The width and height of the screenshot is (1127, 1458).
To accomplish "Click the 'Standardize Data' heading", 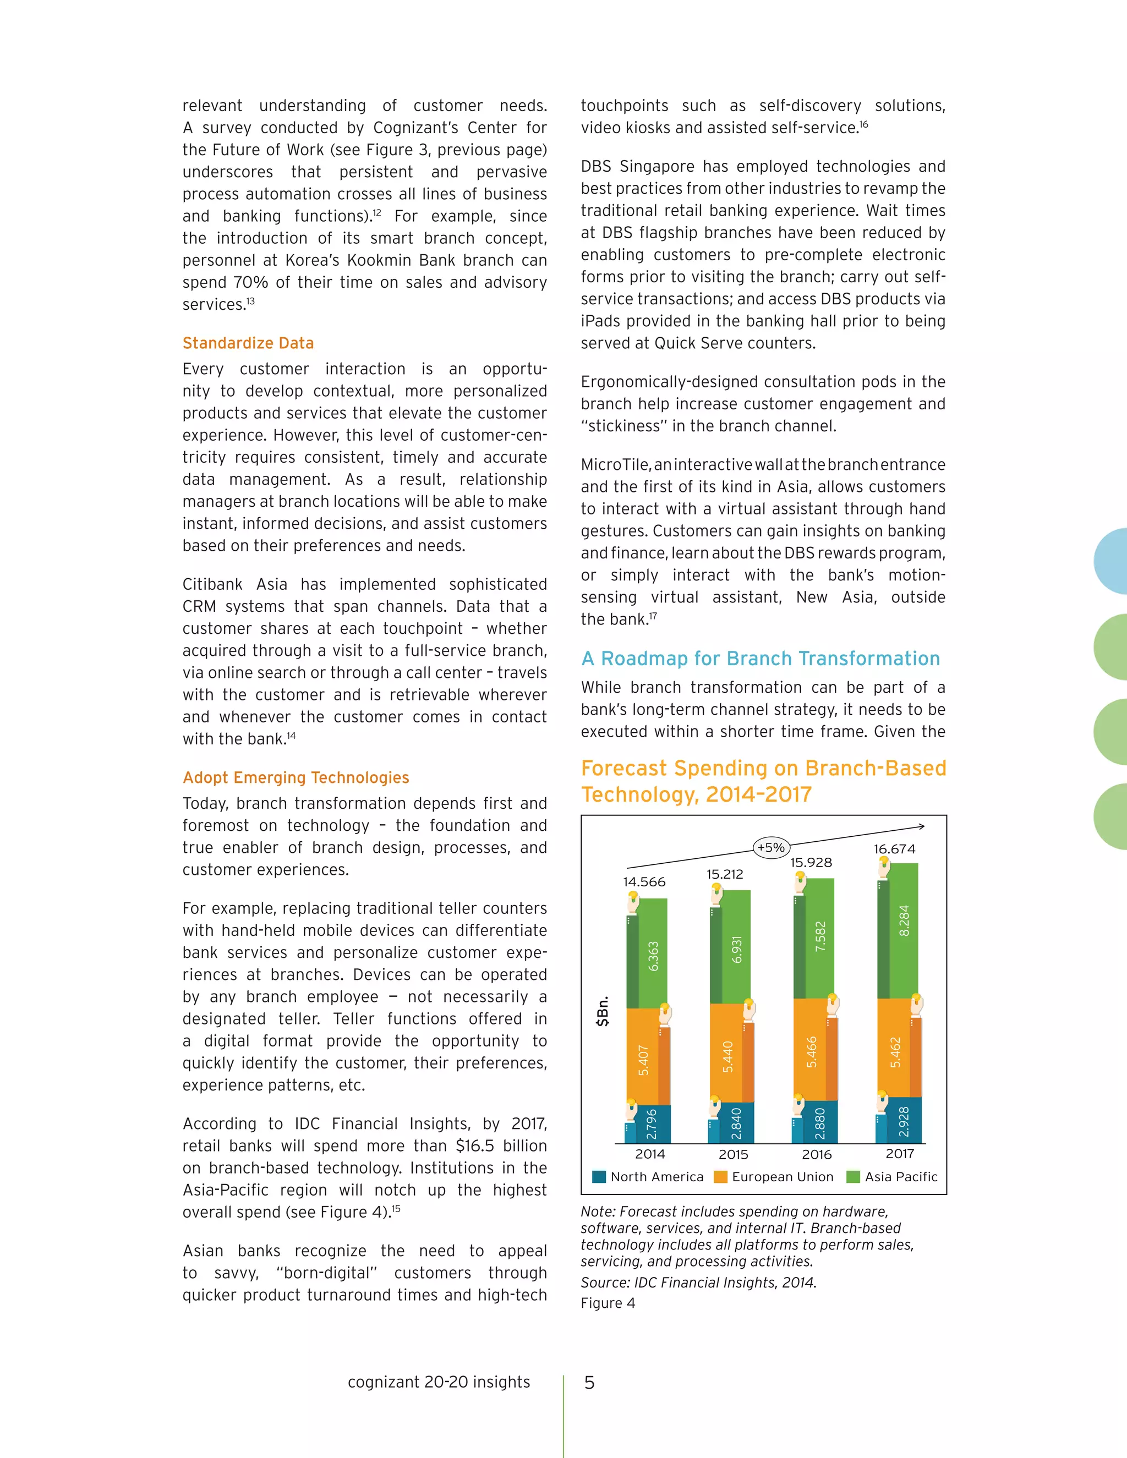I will click(248, 343).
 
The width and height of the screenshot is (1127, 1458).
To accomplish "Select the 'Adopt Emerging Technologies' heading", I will click(296, 778).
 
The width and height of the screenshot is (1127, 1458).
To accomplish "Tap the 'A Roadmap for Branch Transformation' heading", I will click(761, 659).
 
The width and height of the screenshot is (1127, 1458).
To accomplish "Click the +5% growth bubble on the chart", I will click(771, 848).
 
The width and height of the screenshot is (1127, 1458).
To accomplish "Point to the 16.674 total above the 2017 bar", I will click(894, 849).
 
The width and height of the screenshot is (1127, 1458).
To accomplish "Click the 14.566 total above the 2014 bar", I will click(644, 882).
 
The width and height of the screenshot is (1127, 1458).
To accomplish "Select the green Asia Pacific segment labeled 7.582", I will click(819, 938).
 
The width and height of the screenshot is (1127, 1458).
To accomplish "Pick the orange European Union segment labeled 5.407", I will click(643, 1060).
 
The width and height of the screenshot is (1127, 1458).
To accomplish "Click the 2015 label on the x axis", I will click(733, 1154).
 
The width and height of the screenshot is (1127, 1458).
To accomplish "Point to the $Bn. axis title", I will click(604, 1011).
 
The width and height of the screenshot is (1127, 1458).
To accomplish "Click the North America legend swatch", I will click(599, 1177).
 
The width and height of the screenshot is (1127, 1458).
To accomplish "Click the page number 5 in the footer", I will click(589, 1383).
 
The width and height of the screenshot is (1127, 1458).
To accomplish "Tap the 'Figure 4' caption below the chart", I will click(608, 1303).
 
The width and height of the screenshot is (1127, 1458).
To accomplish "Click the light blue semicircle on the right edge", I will click(1112, 561).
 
